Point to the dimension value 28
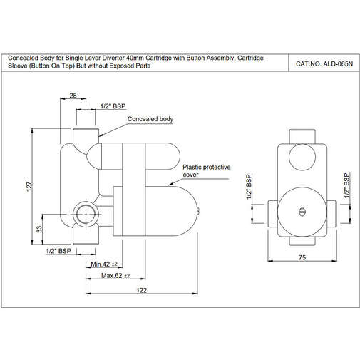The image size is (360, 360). [x=73, y=96]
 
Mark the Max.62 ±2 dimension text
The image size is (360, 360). [x=115, y=276]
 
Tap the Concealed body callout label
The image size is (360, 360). [x=150, y=119]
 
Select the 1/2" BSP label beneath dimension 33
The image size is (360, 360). [x=58, y=251]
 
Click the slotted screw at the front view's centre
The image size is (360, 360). [x=301, y=210]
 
